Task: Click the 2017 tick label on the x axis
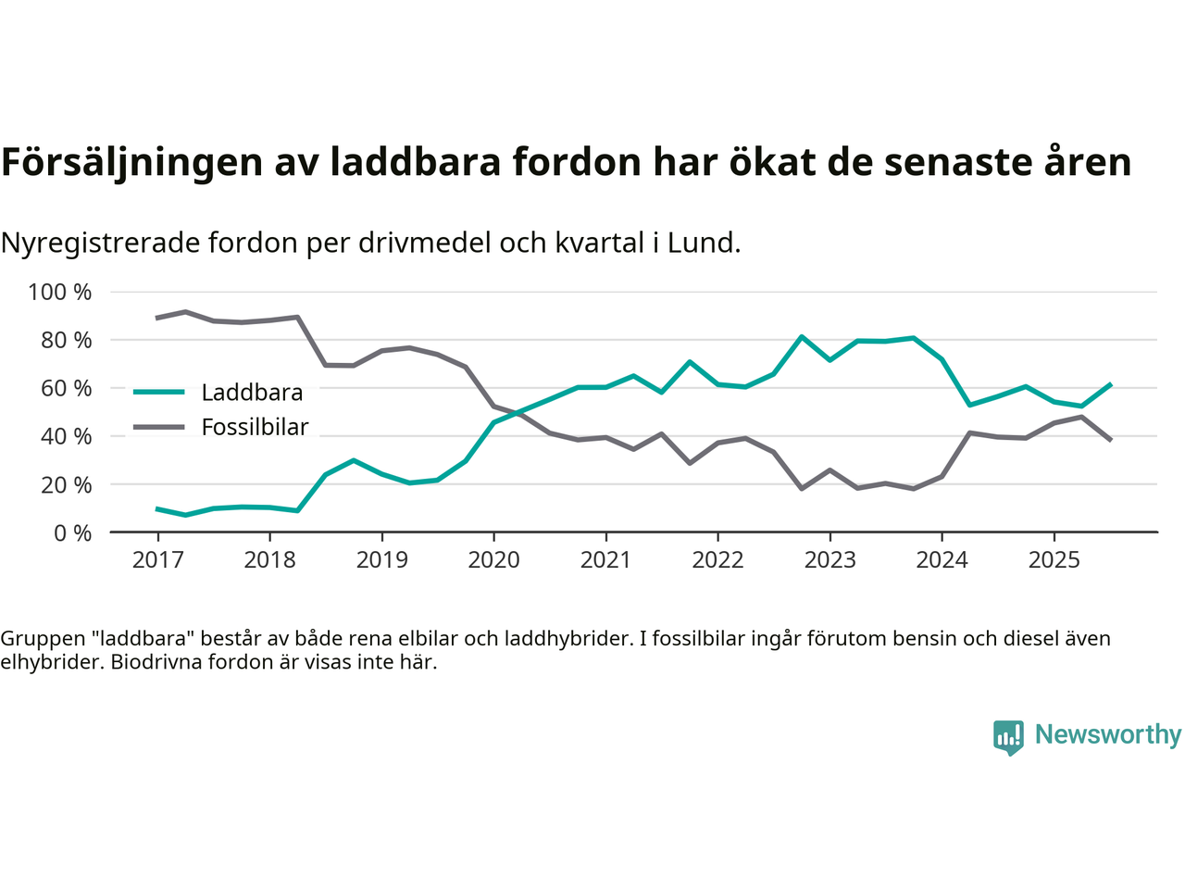point(157,560)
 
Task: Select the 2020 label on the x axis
point(493,560)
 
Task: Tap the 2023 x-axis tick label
point(829,560)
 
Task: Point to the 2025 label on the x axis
point(1054,560)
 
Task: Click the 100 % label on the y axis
point(60,293)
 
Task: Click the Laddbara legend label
point(252,393)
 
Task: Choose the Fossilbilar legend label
point(255,428)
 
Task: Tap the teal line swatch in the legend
point(159,392)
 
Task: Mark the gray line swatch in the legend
point(159,427)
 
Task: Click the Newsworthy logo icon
point(1008,737)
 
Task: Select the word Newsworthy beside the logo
point(1108,734)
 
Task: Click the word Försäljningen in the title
point(131,162)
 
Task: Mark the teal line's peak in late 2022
point(801,336)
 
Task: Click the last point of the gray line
point(1110,440)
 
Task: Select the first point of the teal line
point(157,508)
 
